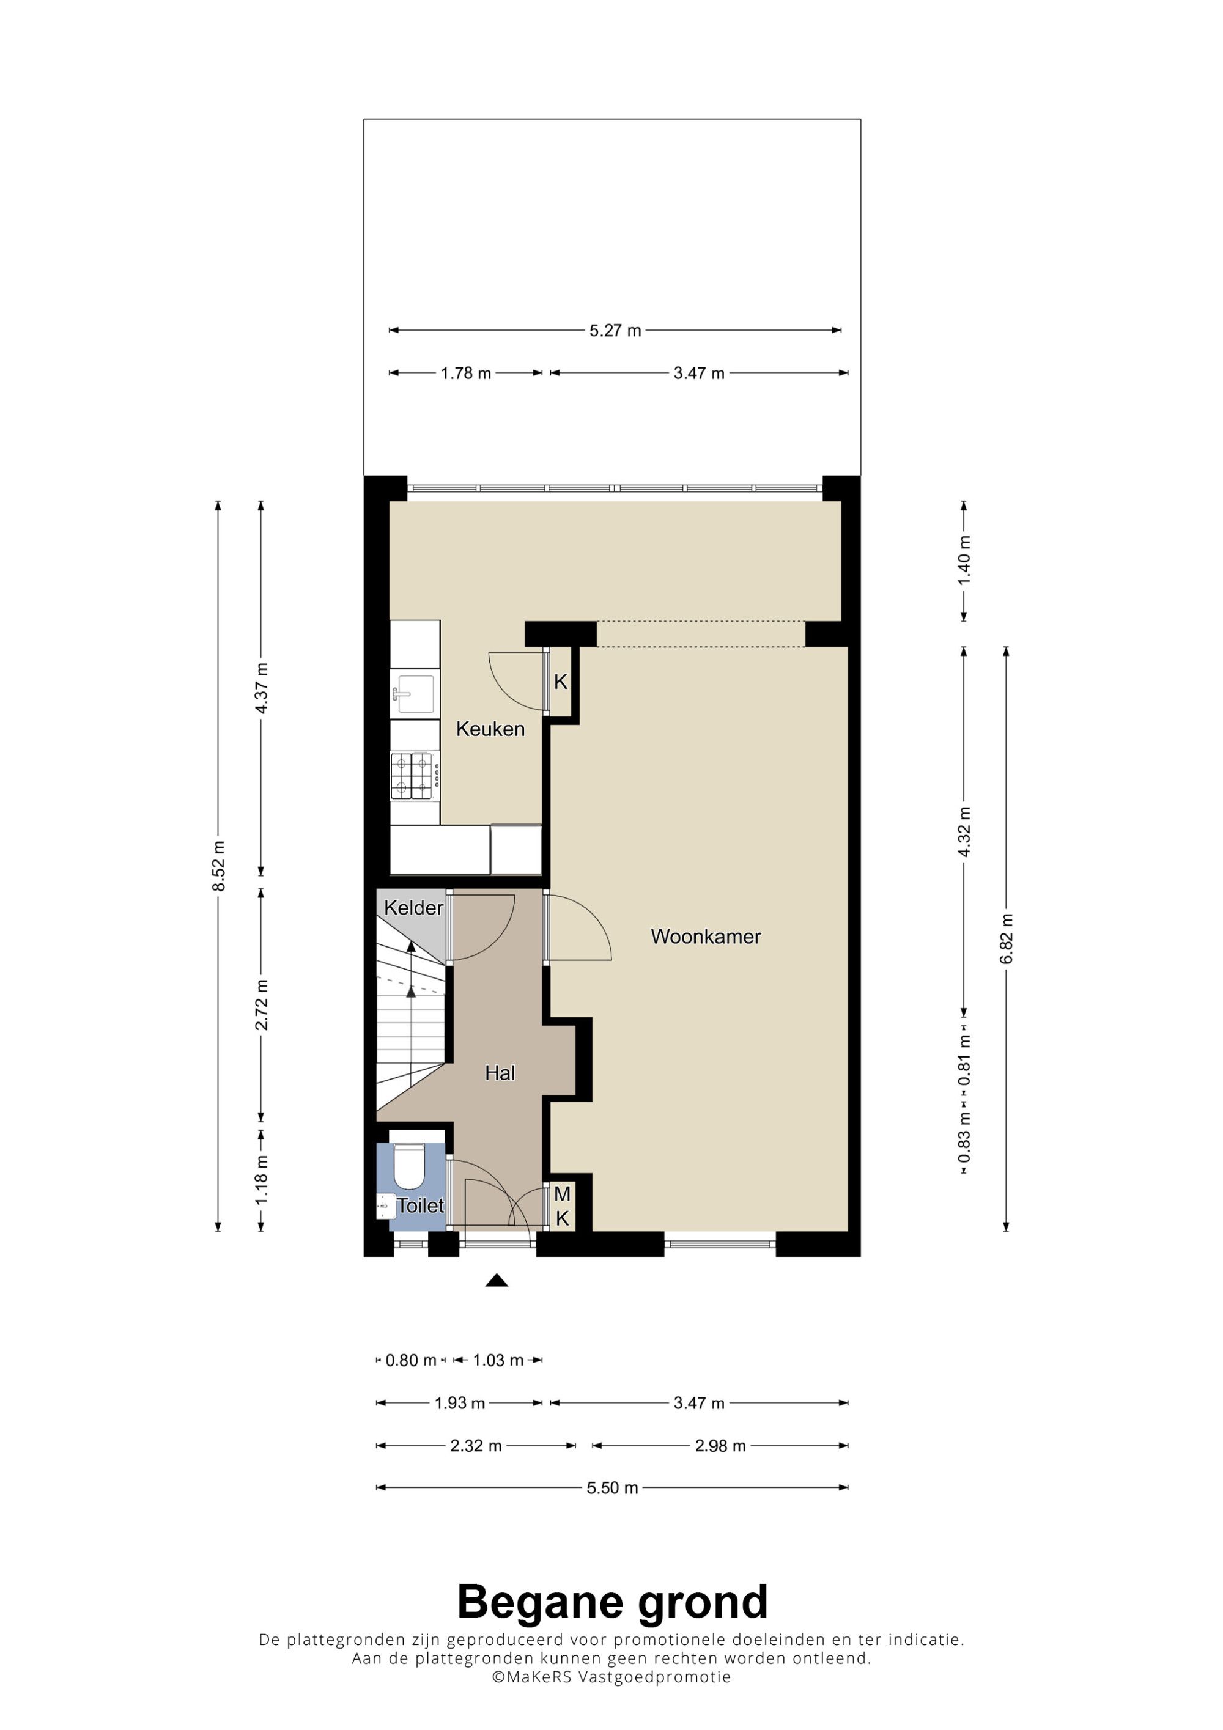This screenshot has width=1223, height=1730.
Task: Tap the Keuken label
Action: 490,729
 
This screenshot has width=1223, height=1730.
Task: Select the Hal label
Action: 500,1073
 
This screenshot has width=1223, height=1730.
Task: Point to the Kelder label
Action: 414,908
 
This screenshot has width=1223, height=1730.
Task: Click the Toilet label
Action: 421,1205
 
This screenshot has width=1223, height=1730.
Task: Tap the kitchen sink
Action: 415,693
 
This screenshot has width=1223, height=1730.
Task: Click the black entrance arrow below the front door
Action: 497,1279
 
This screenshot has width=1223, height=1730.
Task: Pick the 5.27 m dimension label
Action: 615,330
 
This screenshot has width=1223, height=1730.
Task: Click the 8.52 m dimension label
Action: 218,866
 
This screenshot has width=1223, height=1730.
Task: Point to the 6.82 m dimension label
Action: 1007,938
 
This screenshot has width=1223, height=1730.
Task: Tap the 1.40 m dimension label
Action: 964,561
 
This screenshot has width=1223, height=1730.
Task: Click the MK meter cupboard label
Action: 562,1205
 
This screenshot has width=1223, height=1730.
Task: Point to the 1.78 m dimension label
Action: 466,373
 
